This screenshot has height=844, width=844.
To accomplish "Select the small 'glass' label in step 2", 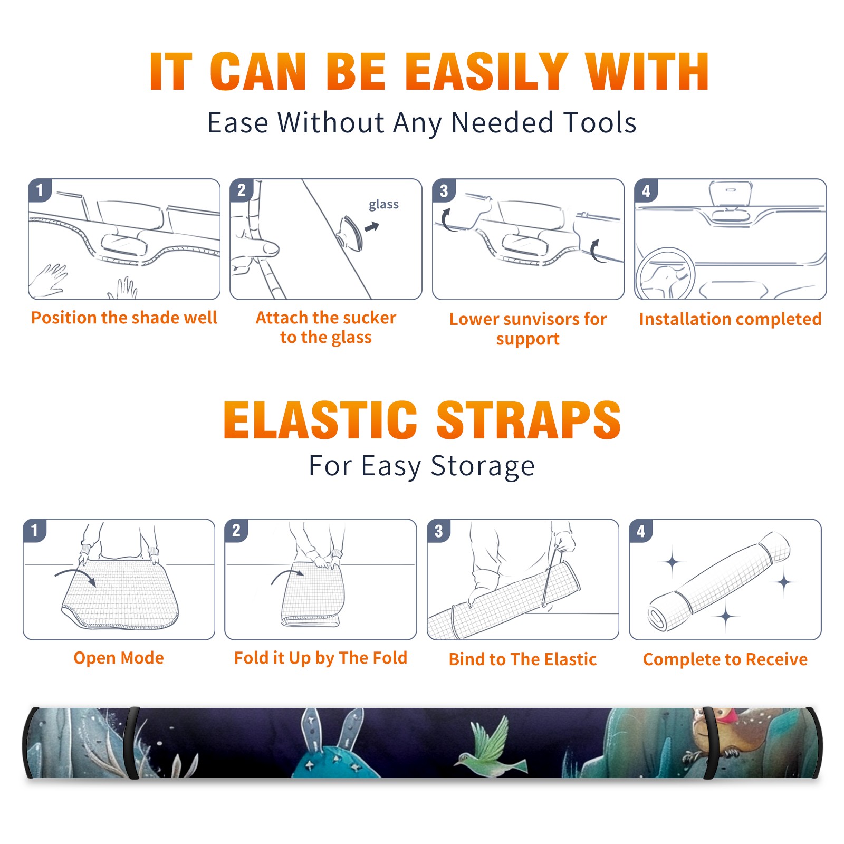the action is (383, 204).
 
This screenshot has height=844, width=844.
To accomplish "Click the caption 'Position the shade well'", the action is (124, 318).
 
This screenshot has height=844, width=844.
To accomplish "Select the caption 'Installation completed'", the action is (730, 319).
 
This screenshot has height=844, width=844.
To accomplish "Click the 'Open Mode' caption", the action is (119, 658).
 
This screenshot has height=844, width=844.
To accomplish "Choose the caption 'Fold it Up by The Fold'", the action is (321, 658).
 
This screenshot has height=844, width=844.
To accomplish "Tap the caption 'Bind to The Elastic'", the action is (523, 659).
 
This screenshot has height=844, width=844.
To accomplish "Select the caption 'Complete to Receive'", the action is (725, 659).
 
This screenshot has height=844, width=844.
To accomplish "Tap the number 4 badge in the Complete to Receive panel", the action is (641, 531).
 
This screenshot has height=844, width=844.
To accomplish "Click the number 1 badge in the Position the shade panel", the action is (40, 190).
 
